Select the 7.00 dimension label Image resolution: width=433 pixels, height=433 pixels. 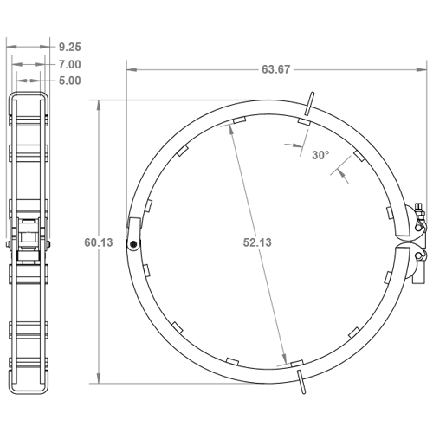click(71, 64)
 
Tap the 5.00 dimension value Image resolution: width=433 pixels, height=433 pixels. click(71, 81)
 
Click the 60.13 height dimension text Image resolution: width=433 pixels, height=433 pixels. click(99, 243)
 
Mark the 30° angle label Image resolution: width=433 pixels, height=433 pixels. click(320, 155)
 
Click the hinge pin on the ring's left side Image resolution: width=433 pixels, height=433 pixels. click(132, 244)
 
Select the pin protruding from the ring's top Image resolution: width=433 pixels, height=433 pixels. click(309, 101)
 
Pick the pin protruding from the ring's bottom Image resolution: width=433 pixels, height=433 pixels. click(300, 382)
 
